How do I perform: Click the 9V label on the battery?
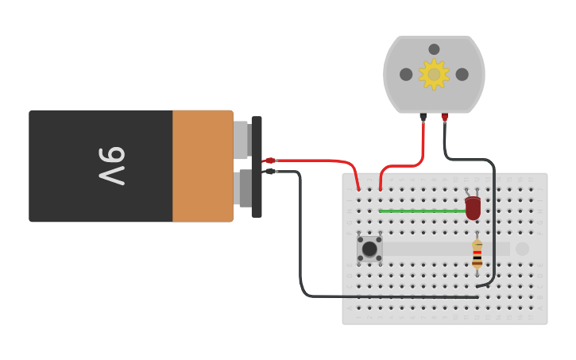click(112, 165)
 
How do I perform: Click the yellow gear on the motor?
click(434, 74)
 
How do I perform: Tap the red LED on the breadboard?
click(473, 208)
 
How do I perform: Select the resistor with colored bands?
click(477, 254)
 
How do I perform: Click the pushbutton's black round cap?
click(369, 249)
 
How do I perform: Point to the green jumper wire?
click(421, 211)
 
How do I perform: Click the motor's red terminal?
click(445, 117)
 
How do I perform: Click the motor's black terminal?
click(423, 117)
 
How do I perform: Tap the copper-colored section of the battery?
click(203, 165)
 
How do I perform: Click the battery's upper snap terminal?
click(242, 139)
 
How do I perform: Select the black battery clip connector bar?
click(257, 167)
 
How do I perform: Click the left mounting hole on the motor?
click(406, 74)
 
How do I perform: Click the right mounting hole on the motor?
click(462, 74)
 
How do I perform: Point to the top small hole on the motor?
click(434, 49)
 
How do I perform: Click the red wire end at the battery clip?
click(270, 161)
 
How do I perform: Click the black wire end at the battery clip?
click(270, 171)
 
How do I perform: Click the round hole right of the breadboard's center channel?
click(522, 249)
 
